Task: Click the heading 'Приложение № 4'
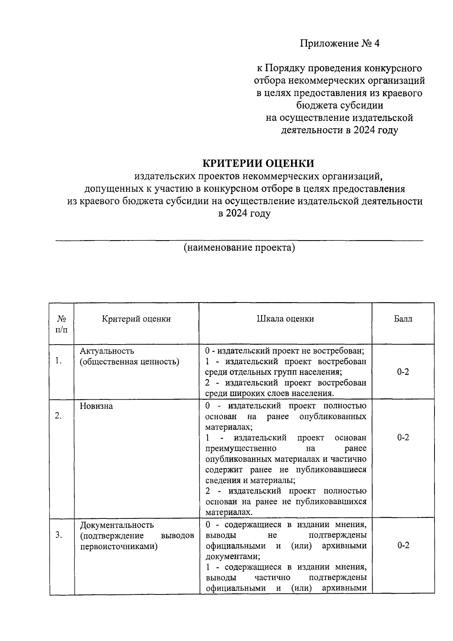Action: [x=339, y=43]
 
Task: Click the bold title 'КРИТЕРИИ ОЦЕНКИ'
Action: [x=259, y=163]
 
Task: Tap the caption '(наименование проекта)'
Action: [x=239, y=248]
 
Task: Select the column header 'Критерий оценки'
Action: [x=136, y=319]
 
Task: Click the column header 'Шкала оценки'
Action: [x=285, y=319]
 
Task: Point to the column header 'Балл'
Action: [x=403, y=319]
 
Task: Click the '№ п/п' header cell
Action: [x=62, y=324]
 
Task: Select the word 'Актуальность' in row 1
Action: [x=107, y=351]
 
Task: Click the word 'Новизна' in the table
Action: [x=96, y=406]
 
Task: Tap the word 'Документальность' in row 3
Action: [x=117, y=525]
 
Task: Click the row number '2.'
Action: [x=59, y=416]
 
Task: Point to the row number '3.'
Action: [x=59, y=535]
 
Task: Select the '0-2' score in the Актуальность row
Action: [x=403, y=372]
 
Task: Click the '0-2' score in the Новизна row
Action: [x=403, y=438]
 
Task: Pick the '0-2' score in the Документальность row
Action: [x=403, y=545]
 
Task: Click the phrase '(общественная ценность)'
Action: [x=129, y=362]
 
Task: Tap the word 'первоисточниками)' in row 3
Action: [x=119, y=546]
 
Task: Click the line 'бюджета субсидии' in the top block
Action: [x=339, y=105]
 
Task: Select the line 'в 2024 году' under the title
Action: [x=244, y=213]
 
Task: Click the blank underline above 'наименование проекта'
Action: [x=239, y=240]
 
